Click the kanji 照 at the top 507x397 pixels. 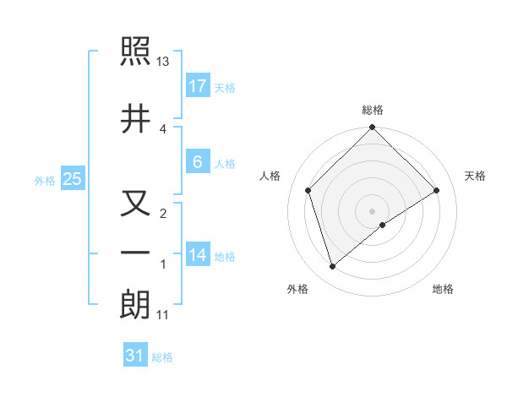[x=135, y=53]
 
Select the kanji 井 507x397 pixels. [x=135, y=119]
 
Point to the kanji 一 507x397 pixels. [x=135, y=253]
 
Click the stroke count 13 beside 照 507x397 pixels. [x=163, y=63]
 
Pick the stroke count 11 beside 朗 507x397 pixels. [x=163, y=316]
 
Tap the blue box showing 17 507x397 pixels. [x=197, y=85]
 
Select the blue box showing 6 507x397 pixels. [x=197, y=162]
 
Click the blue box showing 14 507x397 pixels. [x=197, y=254]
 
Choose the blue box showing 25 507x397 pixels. [x=72, y=178]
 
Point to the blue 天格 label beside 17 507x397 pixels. [x=224, y=88]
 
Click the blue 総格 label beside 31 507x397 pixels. [x=162, y=358]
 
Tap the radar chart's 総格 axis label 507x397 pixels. [x=372, y=111]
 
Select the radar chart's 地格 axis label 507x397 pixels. [x=443, y=290]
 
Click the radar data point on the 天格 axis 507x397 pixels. [x=437, y=191]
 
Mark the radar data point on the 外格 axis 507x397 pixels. [x=332, y=267]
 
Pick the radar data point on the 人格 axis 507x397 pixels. [x=308, y=190]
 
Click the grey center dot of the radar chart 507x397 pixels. [x=372, y=210]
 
